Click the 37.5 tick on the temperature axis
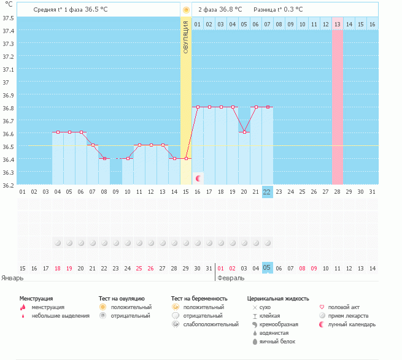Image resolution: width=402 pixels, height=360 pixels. pyautogui.click(x=8, y=18)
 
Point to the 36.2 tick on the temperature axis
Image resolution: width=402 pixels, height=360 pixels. pyautogui.click(x=8, y=185)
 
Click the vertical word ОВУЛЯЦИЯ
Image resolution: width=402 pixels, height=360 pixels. pyautogui.click(x=186, y=37)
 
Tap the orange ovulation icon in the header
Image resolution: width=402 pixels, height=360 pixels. pyautogui.click(x=186, y=10)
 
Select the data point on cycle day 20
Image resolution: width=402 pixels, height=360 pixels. pyautogui.click(x=245, y=132)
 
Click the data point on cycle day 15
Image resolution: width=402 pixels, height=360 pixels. pyautogui.click(x=187, y=159)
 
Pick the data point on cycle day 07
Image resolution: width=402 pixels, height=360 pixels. pyautogui.click(x=93, y=145)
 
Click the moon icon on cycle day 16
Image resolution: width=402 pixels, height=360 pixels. pyautogui.click(x=198, y=178)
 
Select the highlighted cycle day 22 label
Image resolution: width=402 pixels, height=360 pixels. pyautogui.click(x=267, y=192)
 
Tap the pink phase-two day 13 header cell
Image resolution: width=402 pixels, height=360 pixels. pyautogui.click(x=338, y=25)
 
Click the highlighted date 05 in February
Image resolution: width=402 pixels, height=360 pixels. pyautogui.click(x=267, y=268)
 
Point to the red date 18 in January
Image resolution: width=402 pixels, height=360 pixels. pyautogui.click(x=58, y=269)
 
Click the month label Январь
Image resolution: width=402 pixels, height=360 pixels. pyautogui.click(x=12, y=278)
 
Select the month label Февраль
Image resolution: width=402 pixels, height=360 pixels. pyautogui.click(x=231, y=278)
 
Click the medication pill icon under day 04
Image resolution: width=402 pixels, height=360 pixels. pyautogui.click(x=58, y=243)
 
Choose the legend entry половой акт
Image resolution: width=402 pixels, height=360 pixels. pyautogui.click(x=339, y=307)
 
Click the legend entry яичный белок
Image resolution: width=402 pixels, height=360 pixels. pyautogui.click(x=274, y=342)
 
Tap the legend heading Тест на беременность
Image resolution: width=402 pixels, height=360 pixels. pyautogui.click(x=199, y=299)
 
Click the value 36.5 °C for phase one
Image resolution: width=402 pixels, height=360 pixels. pyautogui.click(x=96, y=9)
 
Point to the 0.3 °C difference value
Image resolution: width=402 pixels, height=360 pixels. pyautogui.click(x=293, y=9)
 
